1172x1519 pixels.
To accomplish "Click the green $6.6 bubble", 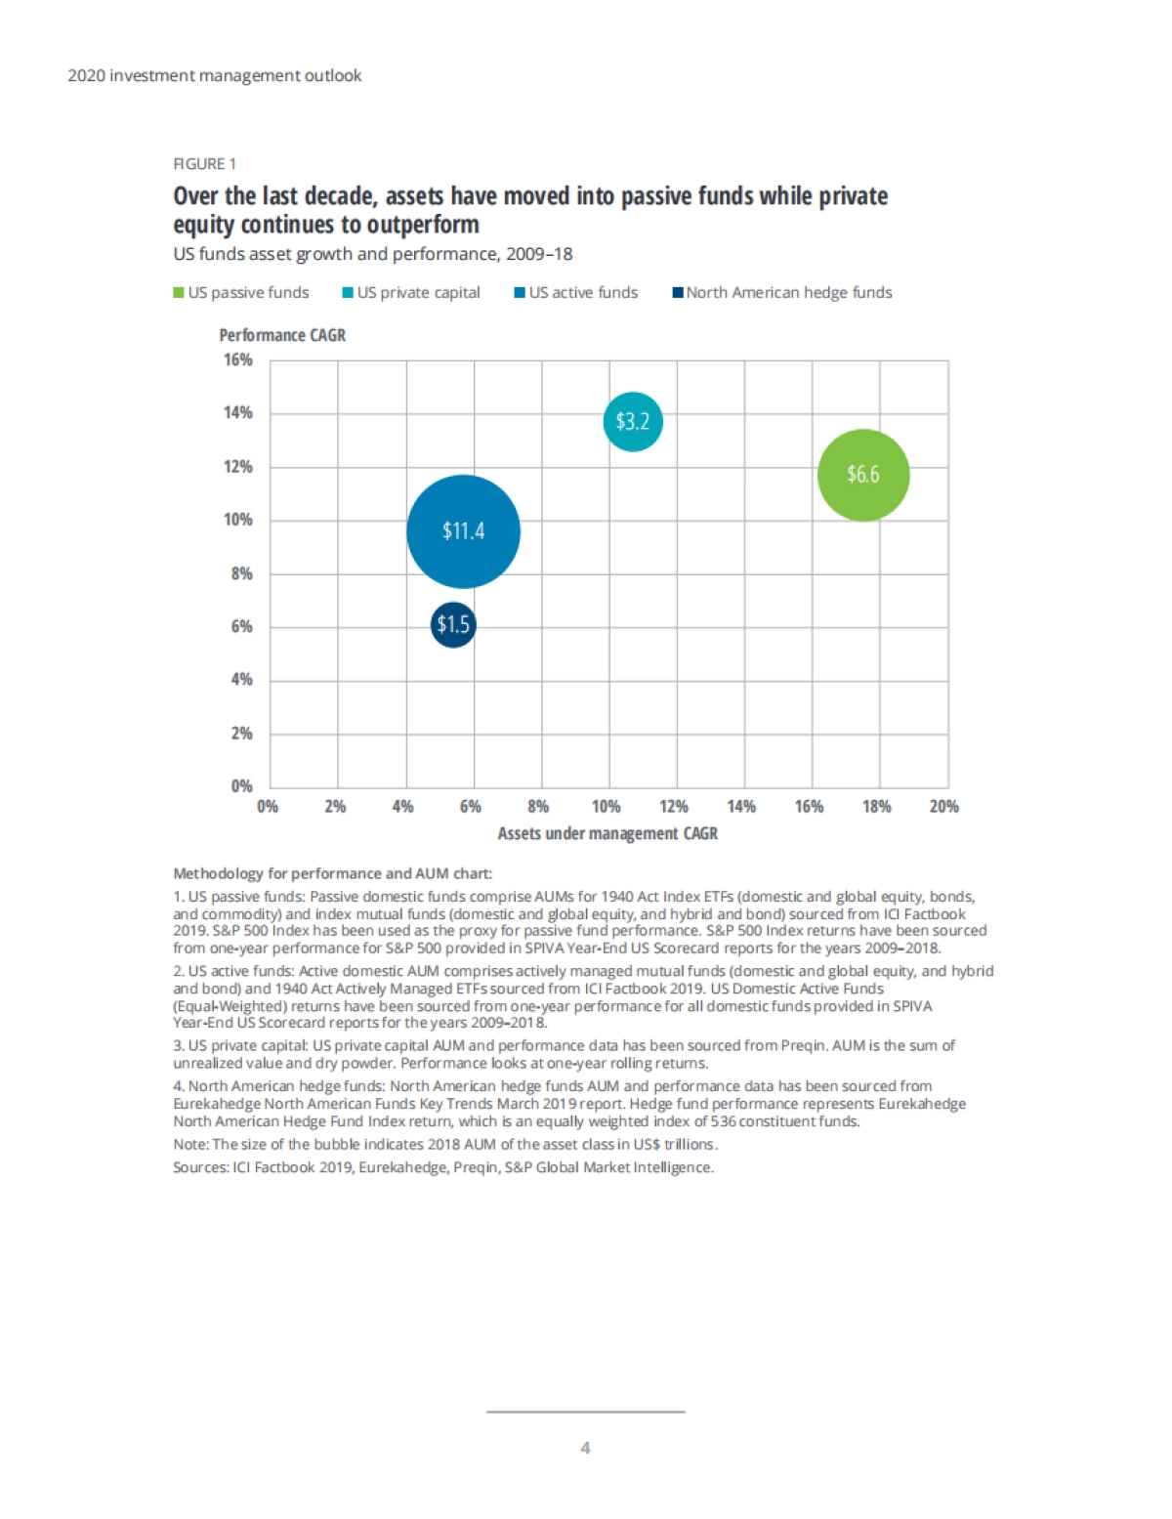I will coord(863,475).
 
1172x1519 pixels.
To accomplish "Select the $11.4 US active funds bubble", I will coord(463,531).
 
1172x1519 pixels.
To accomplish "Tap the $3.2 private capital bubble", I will coord(633,421).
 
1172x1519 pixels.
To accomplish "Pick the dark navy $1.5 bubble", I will coord(453,624).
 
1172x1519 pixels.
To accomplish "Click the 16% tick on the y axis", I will coord(238,359).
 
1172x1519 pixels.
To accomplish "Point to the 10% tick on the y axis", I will coord(238,520).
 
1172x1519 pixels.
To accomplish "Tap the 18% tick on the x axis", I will coord(876,807).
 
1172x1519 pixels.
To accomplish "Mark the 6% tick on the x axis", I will coord(471,807).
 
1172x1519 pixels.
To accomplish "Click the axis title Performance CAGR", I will coord(282,335).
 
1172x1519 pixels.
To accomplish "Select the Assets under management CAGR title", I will coord(607,833).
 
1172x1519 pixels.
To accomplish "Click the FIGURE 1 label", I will coord(204,164).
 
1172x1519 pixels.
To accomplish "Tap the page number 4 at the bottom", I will coord(585,1448).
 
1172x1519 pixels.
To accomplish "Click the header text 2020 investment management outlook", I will coord(215,75).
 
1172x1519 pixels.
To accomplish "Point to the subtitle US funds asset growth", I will coord(372,254).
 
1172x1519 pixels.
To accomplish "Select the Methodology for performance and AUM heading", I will coord(332,873).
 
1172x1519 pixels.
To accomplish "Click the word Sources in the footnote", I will coord(199,1167).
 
